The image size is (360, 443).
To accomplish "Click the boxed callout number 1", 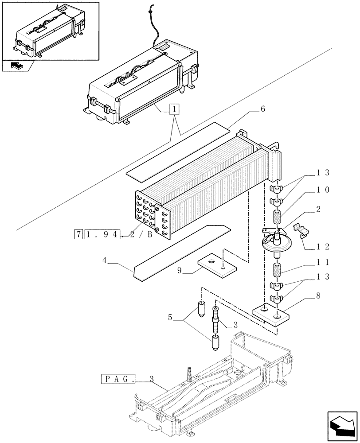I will (x=176, y=109).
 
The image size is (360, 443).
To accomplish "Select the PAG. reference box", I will (x=118, y=379).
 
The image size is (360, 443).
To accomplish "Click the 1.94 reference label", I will (x=98, y=234).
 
